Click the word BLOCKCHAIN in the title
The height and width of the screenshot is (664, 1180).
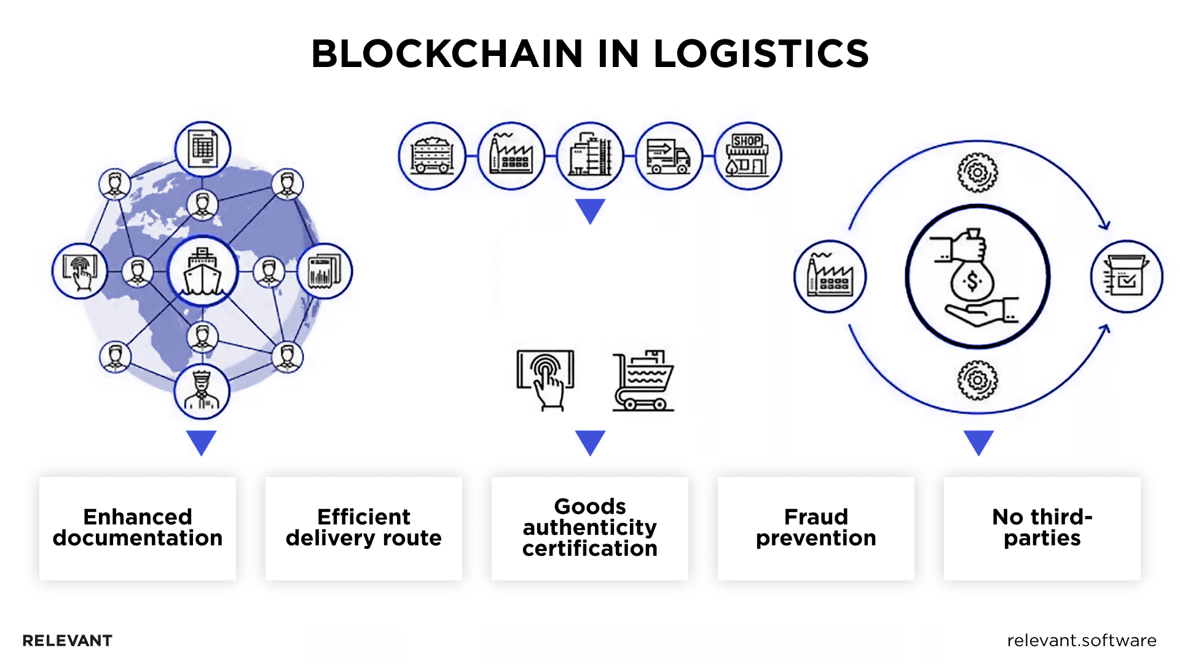coord(447,53)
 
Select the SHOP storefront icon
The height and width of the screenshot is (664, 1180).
coord(747,156)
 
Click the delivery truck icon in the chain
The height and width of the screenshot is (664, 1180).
coord(669,156)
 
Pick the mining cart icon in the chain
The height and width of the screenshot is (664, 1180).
coord(431,156)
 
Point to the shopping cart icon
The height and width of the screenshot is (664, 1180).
coord(643,381)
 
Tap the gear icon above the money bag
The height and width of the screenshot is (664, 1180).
coord(977,172)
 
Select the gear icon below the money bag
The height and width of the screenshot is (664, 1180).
coord(977,380)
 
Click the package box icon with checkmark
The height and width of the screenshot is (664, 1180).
coord(1126,277)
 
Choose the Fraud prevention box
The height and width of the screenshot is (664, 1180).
coord(816,528)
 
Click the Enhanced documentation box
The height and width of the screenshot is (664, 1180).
coord(138,528)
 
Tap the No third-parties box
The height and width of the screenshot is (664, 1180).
coord(1042,528)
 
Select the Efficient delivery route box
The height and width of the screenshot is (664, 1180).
coord(363,528)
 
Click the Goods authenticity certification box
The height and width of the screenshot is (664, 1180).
coord(589,528)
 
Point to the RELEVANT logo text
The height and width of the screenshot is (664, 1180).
coord(67,641)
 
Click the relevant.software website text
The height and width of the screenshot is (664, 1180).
coord(1081,641)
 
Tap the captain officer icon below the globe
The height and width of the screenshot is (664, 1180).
coord(202,391)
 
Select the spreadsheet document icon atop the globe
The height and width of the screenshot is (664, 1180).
coord(203,149)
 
